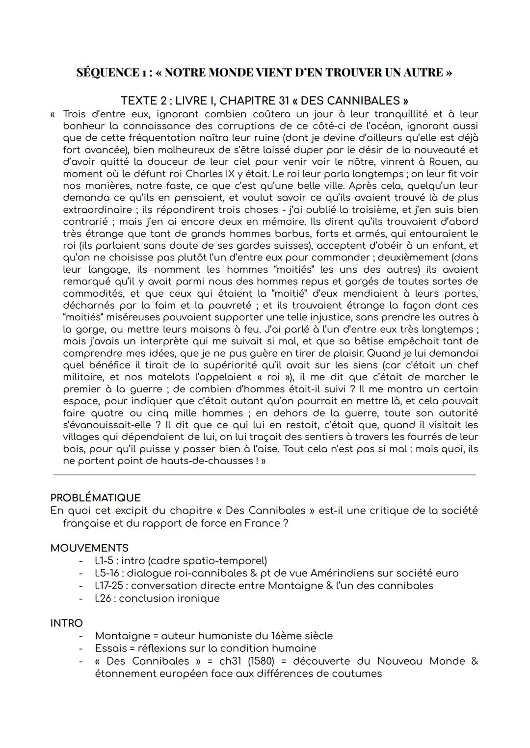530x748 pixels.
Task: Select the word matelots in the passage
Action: click(x=171, y=377)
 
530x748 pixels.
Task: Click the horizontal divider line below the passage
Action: click(x=264, y=475)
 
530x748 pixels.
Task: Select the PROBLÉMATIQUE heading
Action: click(x=95, y=498)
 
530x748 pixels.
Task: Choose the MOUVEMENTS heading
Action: click(x=89, y=548)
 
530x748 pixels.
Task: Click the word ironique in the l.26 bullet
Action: click(x=198, y=598)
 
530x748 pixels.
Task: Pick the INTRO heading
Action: click(x=66, y=623)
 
